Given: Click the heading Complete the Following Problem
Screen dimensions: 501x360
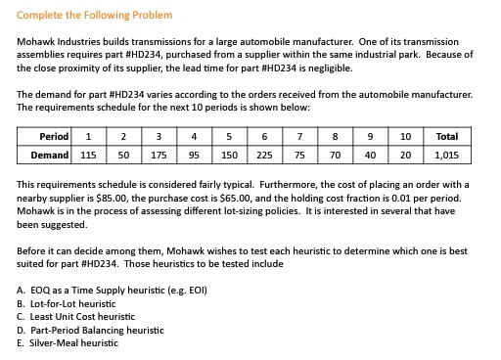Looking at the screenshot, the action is click(x=95, y=16).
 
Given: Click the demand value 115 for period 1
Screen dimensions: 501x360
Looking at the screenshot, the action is click(x=88, y=155).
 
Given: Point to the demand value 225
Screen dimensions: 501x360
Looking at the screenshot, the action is click(x=264, y=155).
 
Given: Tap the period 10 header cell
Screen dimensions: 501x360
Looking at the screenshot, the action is click(x=405, y=137).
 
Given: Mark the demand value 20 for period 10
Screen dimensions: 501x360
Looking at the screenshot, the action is click(x=405, y=155).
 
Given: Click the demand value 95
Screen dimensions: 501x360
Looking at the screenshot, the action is click(x=195, y=155).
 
